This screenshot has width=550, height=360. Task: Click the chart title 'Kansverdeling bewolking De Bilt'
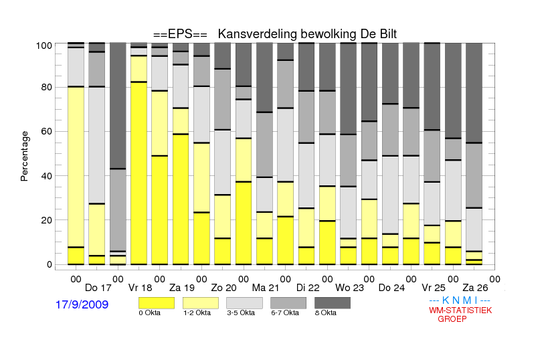click(307, 34)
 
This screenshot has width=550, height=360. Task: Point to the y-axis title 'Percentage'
click(24, 156)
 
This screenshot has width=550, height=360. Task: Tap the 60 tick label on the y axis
click(47, 131)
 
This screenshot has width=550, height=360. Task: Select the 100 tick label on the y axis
click(44, 46)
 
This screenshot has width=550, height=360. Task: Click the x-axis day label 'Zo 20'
click(223, 288)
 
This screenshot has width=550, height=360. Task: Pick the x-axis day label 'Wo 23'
click(350, 288)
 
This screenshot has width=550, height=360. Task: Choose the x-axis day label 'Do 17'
click(98, 288)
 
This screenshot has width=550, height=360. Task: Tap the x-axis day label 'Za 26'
click(475, 288)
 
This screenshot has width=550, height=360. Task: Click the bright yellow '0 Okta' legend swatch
click(157, 303)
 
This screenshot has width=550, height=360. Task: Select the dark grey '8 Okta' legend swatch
click(333, 303)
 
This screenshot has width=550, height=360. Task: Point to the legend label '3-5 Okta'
click(241, 312)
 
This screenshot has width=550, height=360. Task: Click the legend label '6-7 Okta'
click(285, 312)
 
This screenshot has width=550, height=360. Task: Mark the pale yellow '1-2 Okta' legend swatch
click(201, 303)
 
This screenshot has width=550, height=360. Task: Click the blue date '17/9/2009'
click(82, 304)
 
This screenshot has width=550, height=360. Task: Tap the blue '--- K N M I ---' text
click(460, 300)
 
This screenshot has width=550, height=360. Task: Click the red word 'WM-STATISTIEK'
click(460, 310)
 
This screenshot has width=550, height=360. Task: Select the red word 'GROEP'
click(452, 319)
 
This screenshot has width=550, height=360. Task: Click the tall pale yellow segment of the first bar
click(76, 167)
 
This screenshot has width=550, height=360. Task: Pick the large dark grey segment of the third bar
click(118, 106)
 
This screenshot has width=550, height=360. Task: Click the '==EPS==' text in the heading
click(180, 34)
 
